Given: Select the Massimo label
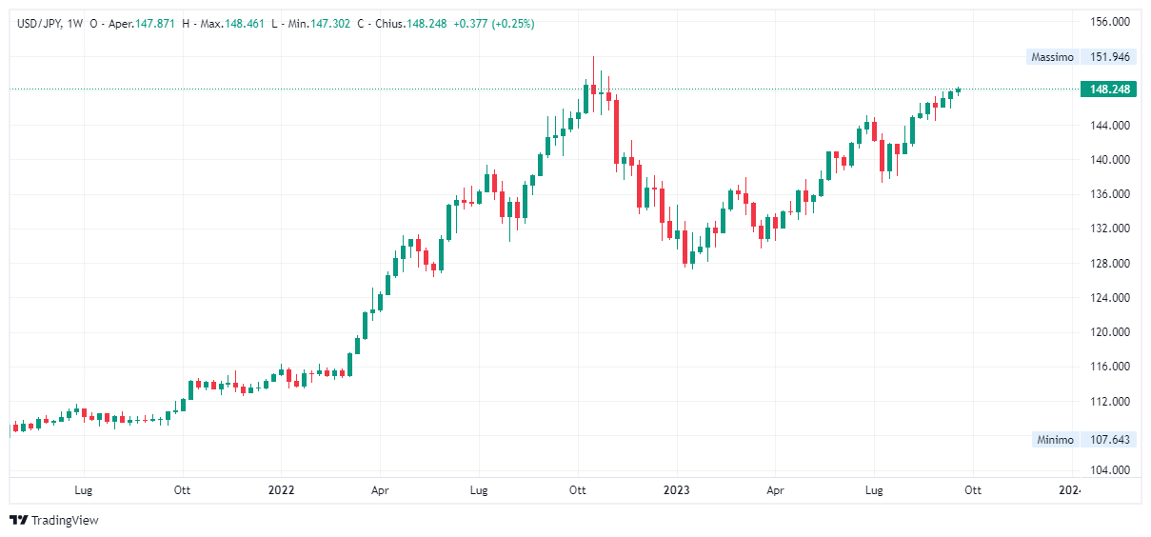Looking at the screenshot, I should [x=1052, y=57].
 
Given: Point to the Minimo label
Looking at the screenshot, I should [x=1053, y=440].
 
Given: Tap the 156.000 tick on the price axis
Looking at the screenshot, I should [x=1109, y=22].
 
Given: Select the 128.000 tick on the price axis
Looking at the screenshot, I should [x=1109, y=264].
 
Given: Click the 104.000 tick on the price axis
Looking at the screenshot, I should [x=1109, y=470].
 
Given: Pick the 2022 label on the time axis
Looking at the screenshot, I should [x=281, y=491].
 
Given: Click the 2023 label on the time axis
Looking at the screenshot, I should [x=676, y=491].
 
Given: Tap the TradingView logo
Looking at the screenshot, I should [x=54, y=520].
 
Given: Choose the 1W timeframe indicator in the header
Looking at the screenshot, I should [x=75, y=24].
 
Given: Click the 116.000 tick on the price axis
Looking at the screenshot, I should [x=1109, y=367].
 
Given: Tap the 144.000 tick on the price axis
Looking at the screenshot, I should [x=1109, y=126].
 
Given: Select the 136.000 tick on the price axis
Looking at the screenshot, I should [x=1109, y=194].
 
